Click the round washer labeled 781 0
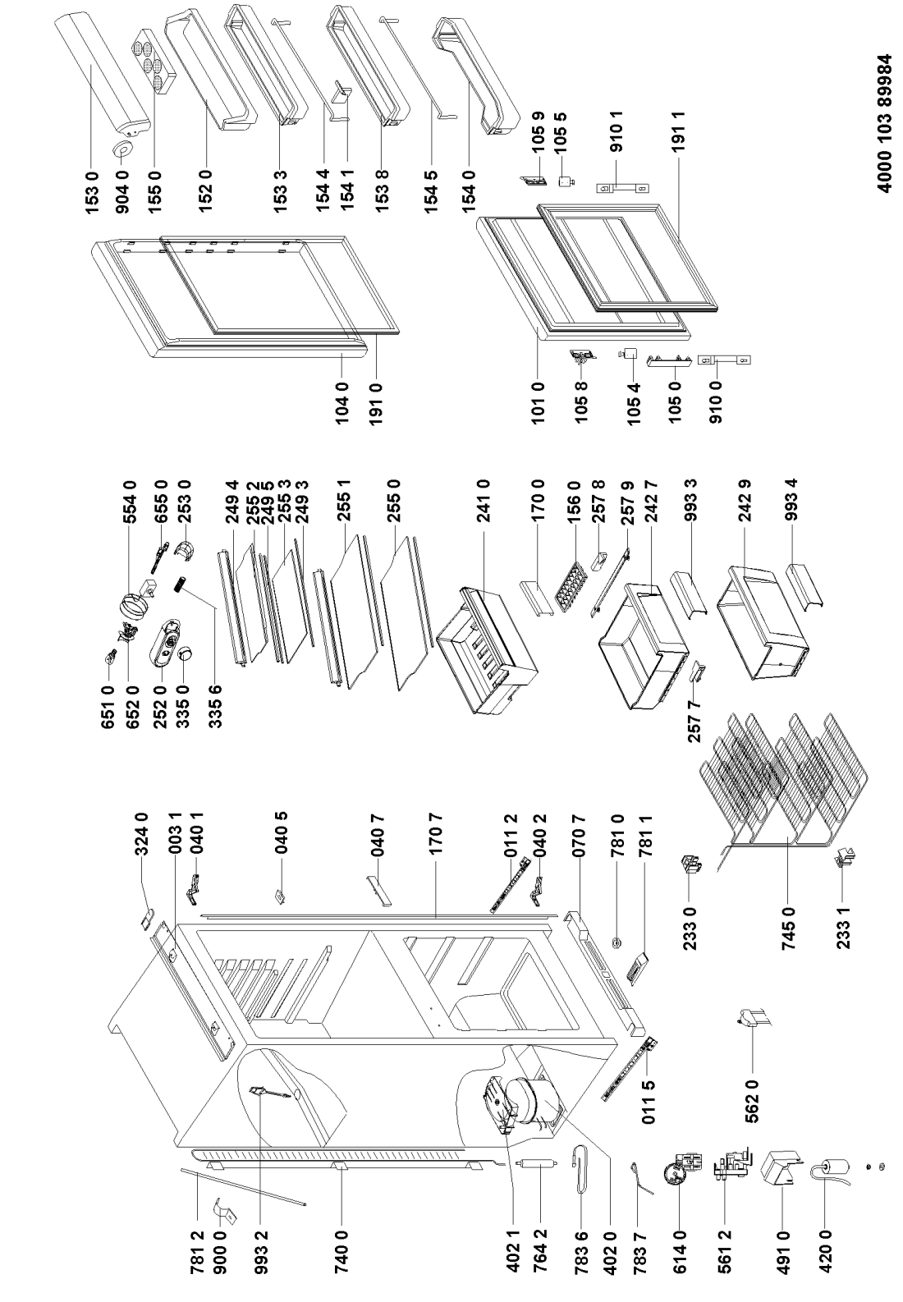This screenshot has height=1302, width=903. pos(617,942)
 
